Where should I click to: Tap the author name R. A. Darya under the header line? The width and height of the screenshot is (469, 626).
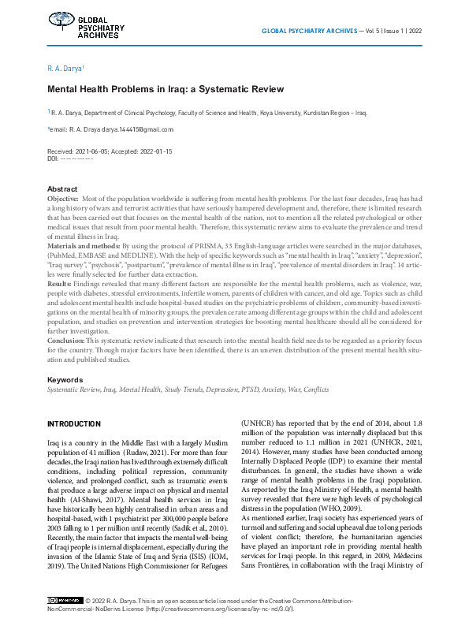pos(65,69)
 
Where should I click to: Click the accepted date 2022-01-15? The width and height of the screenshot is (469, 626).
pos(154,151)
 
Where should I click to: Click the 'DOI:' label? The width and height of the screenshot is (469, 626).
pos(54,158)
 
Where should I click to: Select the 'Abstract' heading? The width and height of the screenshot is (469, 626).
pos(62,189)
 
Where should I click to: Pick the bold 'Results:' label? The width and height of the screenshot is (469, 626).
pos(60,281)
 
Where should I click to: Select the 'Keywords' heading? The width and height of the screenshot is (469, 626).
pos(65,380)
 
